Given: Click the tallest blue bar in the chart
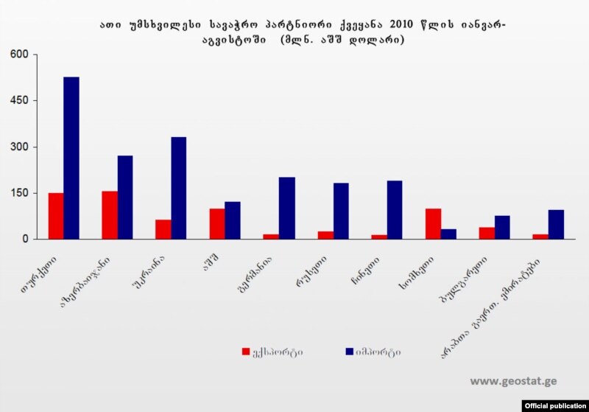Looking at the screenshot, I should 71,158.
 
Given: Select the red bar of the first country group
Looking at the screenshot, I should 56,216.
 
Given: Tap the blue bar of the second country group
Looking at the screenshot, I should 125,197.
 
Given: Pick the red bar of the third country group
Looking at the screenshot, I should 163,229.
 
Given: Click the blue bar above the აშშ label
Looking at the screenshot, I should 233,220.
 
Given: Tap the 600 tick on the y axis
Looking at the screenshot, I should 18,55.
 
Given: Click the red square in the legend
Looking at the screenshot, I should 246,352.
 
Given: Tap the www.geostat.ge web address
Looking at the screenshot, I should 513,381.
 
